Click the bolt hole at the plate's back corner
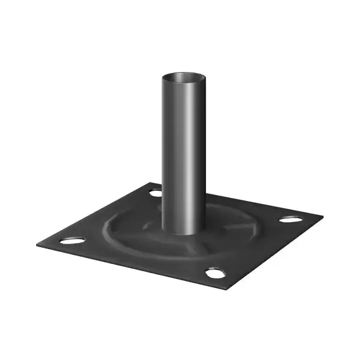coord(155,193)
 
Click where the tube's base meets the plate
coord(183,233)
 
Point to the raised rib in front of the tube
coord(192,247)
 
